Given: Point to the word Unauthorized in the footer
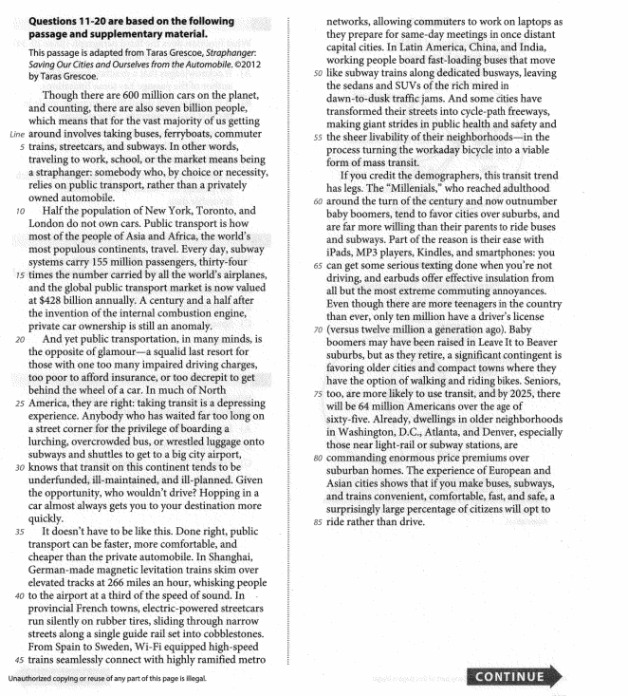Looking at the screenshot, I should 33,678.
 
